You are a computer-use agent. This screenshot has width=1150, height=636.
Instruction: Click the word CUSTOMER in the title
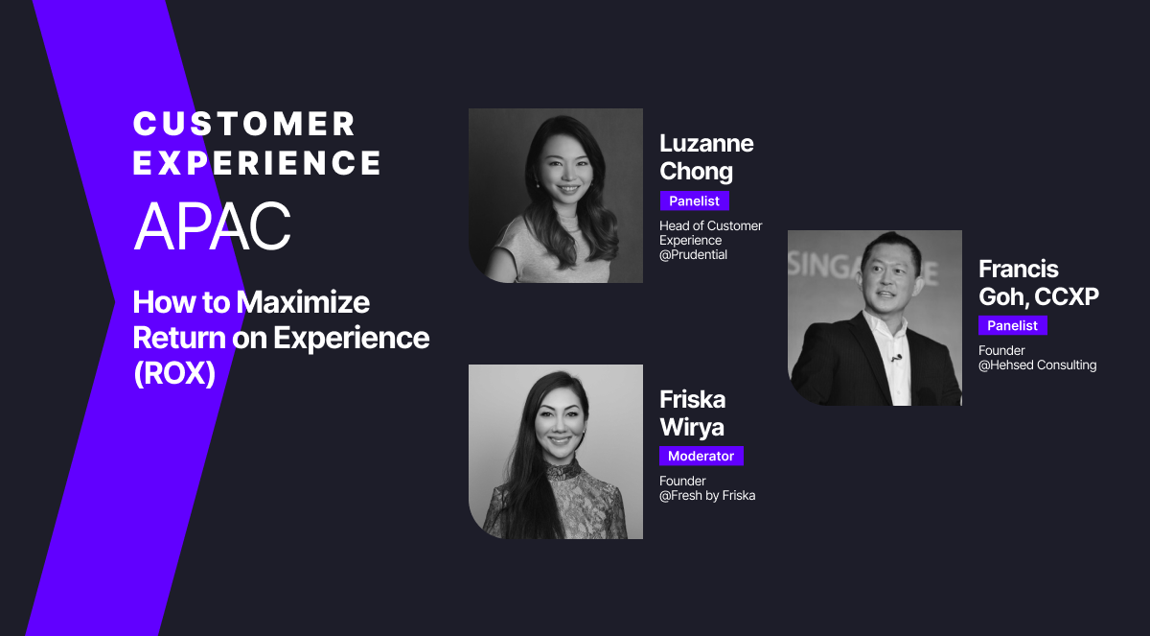coord(244,124)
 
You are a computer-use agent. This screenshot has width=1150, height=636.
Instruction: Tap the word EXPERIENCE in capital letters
coord(257,162)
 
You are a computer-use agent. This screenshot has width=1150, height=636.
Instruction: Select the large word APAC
coord(212,226)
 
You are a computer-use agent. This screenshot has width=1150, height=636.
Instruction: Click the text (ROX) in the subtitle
coord(173,372)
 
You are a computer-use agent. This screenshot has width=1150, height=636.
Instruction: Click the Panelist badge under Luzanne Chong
coord(695,200)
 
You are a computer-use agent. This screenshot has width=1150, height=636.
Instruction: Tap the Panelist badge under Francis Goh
coord(1013,325)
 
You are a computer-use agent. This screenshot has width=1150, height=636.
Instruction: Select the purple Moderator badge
coord(701,456)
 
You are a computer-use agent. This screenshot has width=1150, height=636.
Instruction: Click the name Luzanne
coord(706,144)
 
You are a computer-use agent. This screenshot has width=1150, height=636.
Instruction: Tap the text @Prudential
coord(694,254)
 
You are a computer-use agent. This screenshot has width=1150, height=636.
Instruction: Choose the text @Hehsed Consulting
coord(1037,365)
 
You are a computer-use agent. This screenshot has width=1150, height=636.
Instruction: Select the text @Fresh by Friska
coord(707,495)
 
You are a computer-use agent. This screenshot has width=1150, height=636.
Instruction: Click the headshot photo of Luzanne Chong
coord(556,196)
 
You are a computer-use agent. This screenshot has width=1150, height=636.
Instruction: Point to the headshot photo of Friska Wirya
coord(556,451)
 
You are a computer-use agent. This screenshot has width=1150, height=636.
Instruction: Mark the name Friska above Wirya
coord(692,398)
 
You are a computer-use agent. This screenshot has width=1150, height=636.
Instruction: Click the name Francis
coord(1018,269)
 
